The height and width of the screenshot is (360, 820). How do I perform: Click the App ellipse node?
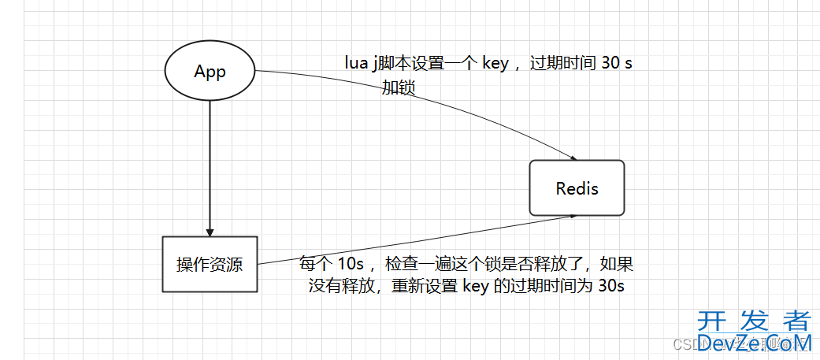pos(210,72)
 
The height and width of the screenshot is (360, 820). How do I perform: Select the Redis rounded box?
pos(577,187)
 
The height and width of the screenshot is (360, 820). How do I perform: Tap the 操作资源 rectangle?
pos(210,264)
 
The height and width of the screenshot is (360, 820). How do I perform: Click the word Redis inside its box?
pos(577,188)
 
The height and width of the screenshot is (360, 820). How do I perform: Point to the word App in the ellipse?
pos(210,72)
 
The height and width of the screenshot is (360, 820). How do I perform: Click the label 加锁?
pos(399,87)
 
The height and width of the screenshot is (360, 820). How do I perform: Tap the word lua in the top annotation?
pos(357,64)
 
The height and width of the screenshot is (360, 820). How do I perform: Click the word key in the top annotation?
pos(495,64)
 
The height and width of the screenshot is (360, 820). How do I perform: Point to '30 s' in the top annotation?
pos(616,64)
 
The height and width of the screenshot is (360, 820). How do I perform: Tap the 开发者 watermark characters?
pos(754,321)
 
